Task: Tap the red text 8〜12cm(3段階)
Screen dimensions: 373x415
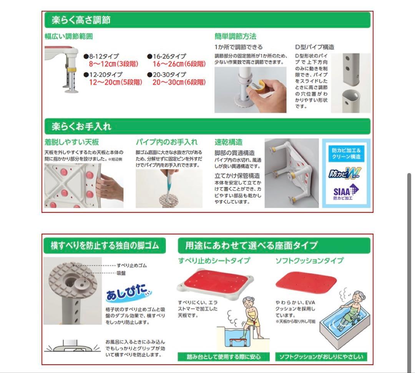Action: tap(113, 64)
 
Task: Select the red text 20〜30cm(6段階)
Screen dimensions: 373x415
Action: tap(179, 82)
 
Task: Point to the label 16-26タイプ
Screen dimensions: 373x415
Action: tap(169, 56)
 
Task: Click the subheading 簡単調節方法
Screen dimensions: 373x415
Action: tap(235, 37)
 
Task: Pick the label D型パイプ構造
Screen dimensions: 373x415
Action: tap(314, 47)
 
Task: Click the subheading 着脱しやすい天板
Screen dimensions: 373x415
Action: tap(71, 142)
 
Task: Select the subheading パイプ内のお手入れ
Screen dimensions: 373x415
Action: tap(166, 142)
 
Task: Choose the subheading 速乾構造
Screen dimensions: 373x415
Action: tap(228, 142)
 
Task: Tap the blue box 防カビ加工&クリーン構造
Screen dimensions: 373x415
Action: tap(346, 153)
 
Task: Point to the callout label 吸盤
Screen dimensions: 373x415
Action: tap(121, 273)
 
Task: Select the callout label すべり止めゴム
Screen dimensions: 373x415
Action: tap(131, 265)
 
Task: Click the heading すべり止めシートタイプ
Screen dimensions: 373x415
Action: tap(214, 261)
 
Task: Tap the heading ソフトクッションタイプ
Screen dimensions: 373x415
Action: tap(309, 261)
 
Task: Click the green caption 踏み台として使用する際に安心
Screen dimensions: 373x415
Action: tap(224, 356)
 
